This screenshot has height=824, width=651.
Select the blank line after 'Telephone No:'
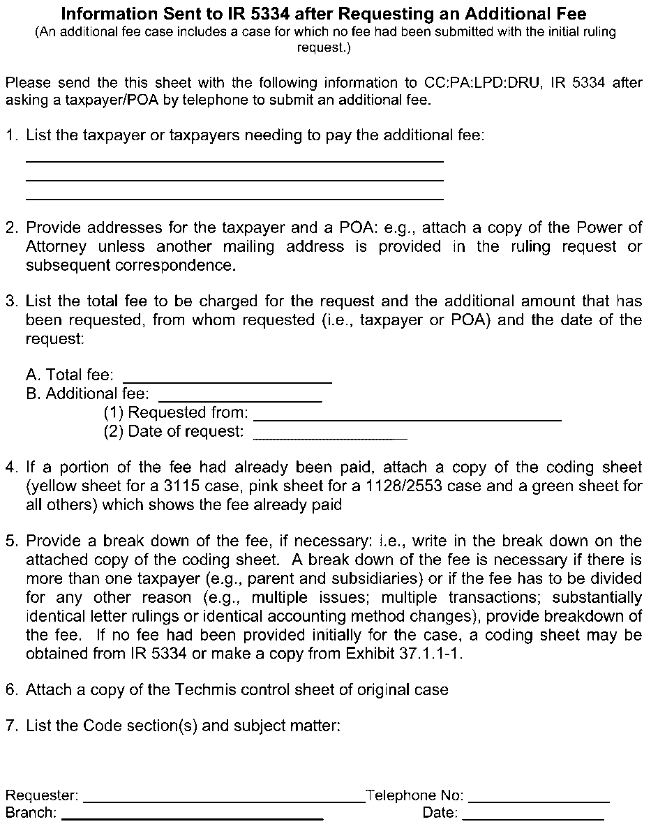[x=539, y=800]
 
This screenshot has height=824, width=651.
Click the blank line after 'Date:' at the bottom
[x=533, y=816]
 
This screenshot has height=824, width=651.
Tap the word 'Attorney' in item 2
[x=56, y=246]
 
